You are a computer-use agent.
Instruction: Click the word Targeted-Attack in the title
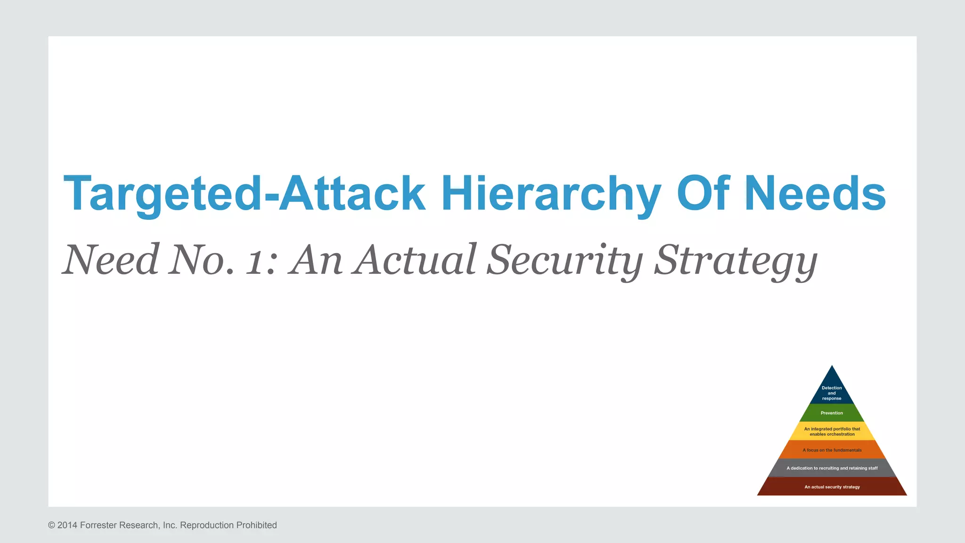click(244, 194)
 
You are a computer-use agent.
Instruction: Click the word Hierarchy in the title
click(551, 194)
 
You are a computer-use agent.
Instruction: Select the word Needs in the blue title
click(815, 194)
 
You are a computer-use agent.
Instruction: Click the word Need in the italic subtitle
click(111, 260)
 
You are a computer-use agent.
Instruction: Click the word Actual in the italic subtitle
click(417, 260)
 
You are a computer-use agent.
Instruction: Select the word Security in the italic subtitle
click(565, 260)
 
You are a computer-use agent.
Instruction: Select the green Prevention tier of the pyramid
click(832, 413)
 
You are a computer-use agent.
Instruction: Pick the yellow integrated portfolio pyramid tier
click(832, 431)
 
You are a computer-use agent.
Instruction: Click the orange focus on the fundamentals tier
click(832, 450)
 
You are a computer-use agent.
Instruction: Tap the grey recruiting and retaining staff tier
click(832, 468)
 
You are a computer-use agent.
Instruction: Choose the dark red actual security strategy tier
click(832, 487)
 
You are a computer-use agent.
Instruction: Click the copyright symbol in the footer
click(51, 525)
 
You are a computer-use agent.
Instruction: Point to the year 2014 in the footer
click(67, 525)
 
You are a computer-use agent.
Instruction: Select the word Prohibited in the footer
click(256, 525)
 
